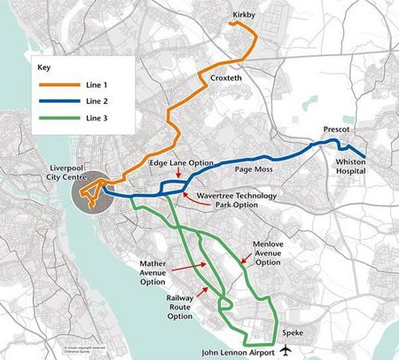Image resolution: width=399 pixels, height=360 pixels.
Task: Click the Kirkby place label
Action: pyautogui.click(x=246, y=15)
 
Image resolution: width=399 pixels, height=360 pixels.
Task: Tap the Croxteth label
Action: pyautogui.click(x=227, y=79)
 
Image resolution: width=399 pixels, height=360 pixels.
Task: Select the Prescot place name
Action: pyautogui.click(x=337, y=129)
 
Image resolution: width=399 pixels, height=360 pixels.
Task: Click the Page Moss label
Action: pyautogui.click(x=253, y=168)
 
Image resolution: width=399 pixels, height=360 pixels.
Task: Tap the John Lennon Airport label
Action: pyautogui.click(x=235, y=351)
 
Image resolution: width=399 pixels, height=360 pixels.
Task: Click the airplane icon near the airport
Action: pyautogui.click(x=286, y=350)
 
